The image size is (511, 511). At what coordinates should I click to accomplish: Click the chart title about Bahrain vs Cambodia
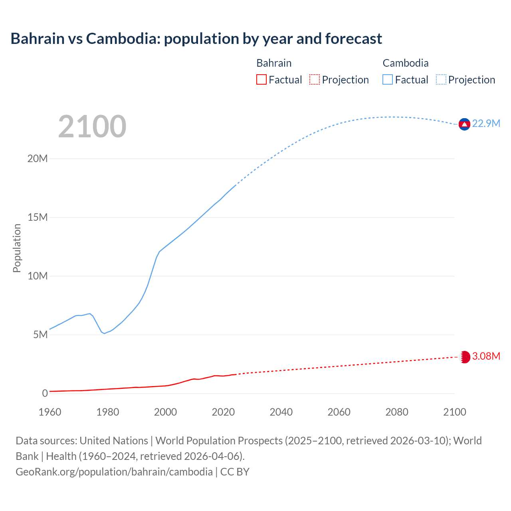tap(196, 39)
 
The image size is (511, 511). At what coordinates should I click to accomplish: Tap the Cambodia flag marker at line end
tap(464, 125)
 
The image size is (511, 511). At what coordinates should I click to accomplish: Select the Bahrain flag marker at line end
tap(465, 357)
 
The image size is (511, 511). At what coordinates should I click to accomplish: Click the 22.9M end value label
tap(486, 124)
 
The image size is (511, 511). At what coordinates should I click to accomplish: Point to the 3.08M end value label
tap(486, 357)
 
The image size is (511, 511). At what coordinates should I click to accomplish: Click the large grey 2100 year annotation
tap(92, 127)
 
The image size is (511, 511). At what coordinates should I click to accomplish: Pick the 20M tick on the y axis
tap(38, 159)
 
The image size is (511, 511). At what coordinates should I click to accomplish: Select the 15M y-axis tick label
tap(38, 218)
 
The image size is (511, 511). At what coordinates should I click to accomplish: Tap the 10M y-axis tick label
tap(38, 276)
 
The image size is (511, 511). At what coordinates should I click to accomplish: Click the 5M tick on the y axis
tap(40, 335)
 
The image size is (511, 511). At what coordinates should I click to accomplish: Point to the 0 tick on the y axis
tap(45, 394)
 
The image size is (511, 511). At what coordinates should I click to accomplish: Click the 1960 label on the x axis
tap(50, 412)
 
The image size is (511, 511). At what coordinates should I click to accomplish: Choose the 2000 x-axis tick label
tap(165, 412)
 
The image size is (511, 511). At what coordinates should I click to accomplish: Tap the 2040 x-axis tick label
tap(281, 412)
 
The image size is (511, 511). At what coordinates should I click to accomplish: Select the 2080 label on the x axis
tap(397, 412)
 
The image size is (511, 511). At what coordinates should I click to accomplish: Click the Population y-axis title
tap(17, 248)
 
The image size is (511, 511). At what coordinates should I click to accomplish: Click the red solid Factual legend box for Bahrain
tap(261, 80)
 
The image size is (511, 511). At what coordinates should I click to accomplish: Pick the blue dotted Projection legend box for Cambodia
tap(441, 80)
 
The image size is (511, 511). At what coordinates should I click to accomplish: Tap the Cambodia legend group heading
tap(405, 63)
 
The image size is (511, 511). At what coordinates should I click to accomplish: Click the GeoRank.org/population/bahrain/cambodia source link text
tap(114, 472)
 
